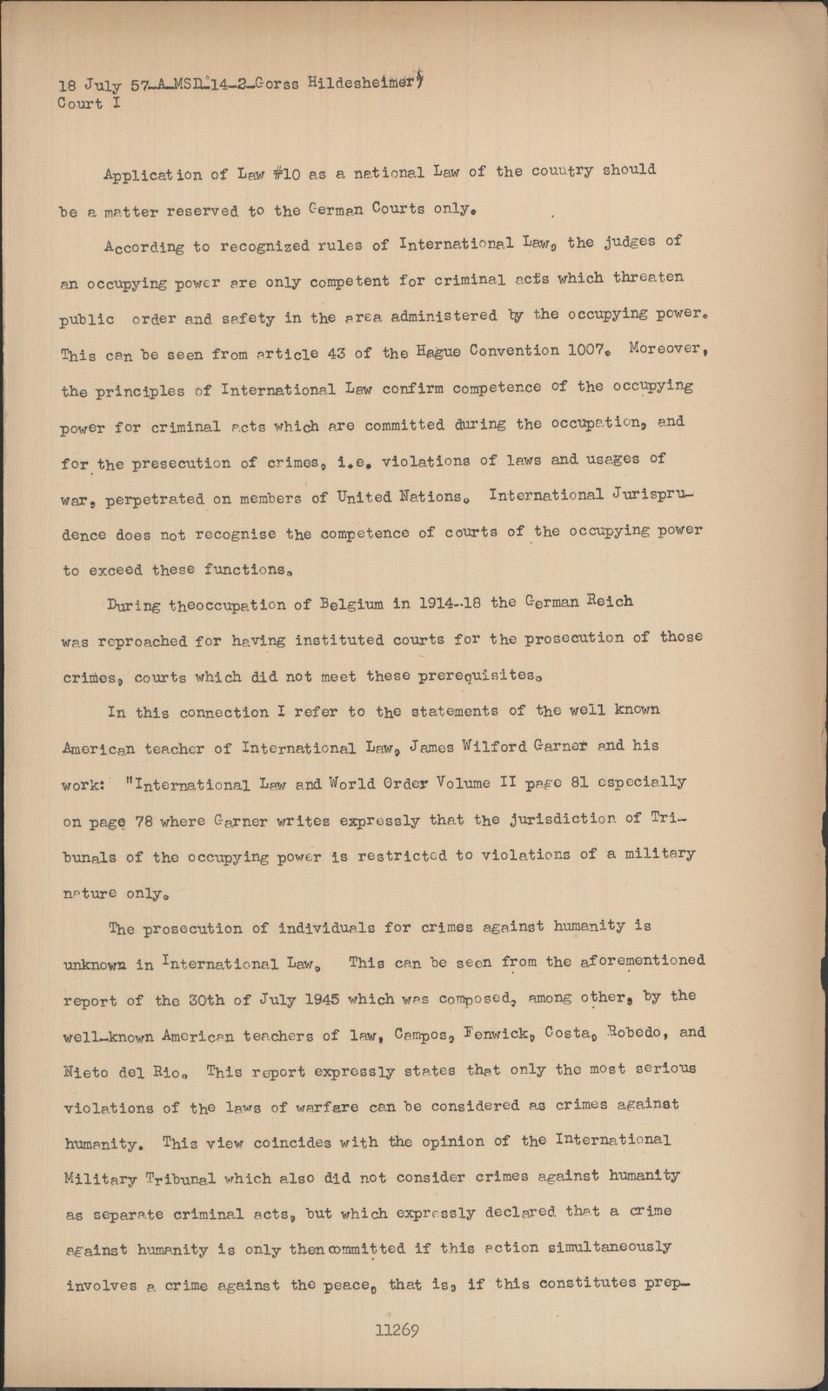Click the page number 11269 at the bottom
[397, 1330]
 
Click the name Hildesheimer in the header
[359, 83]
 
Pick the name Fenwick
[478, 1035]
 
